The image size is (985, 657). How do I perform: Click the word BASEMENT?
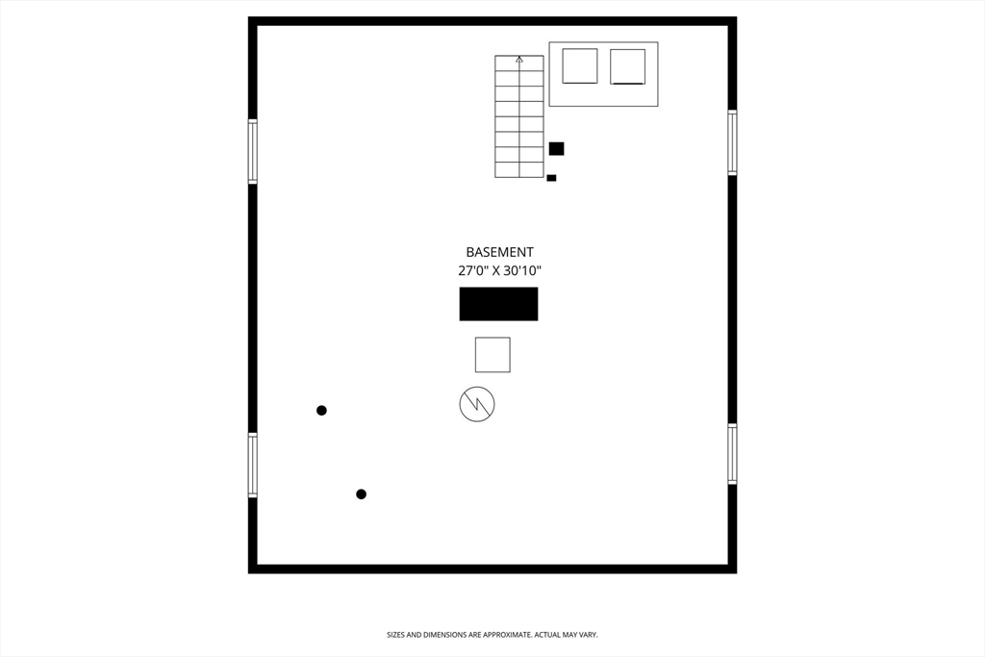tap(499, 252)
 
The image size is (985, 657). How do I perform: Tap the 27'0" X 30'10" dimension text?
tap(499, 271)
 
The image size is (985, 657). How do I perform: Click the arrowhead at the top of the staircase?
tap(519, 60)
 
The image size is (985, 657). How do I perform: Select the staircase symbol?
tap(519, 116)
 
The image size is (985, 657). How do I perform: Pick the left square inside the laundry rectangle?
tap(580, 66)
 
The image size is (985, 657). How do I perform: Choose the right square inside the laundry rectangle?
tap(627, 66)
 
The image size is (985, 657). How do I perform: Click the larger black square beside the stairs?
tap(556, 148)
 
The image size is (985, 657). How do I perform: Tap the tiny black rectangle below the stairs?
tap(551, 178)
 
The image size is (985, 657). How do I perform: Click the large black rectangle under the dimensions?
tap(498, 304)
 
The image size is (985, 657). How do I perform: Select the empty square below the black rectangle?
tap(492, 355)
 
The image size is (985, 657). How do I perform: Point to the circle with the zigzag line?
tap(477, 404)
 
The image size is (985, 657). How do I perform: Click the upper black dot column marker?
tap(321, 411)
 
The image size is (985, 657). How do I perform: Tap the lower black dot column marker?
tap(361, 494)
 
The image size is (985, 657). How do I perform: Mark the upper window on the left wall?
tap(253, 151)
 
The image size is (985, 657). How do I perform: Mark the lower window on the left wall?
tap(253, 466)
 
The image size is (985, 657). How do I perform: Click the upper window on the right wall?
tap(732, 142)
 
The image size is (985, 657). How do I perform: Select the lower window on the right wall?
tap(732, 454)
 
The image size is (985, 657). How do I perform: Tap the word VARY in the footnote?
tap(587, 635)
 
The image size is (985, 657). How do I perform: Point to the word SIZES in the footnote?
tap(396, 635)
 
